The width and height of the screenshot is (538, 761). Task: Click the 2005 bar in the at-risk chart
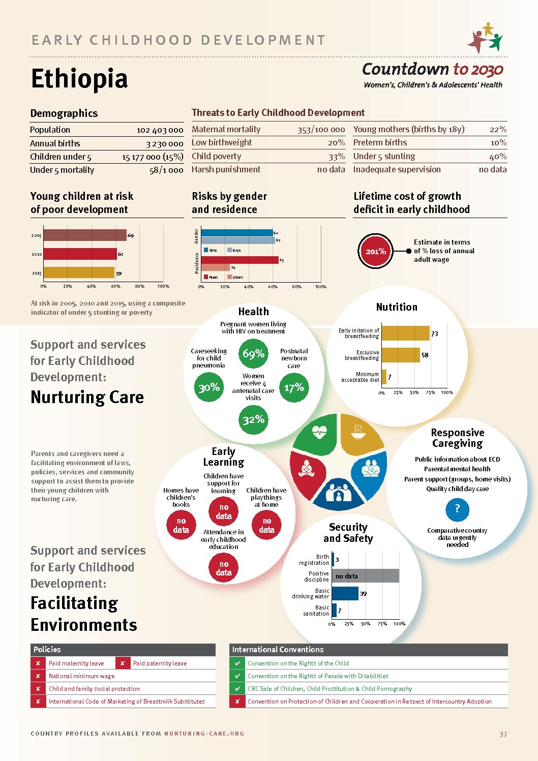pyautogui.click(x=85, y=235)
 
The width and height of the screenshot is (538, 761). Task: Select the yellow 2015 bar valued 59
pyautogui.click(x=79, y=273)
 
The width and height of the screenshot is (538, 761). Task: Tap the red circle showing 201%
pyautogui.click(x=375, y=251)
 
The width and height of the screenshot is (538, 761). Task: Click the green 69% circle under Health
pyautogui.click(x=253, y=354)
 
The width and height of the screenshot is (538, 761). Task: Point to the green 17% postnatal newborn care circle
pyautogui.click(x=294, y=388)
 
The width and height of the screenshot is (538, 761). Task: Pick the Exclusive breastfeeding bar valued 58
pyautogui.click(x=401, y=355)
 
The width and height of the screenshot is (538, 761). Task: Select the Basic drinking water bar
pyautogui.click(x=345, y=593)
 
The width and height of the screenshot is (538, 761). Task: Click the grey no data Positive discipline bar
pyautogui.click(x=366, y=576)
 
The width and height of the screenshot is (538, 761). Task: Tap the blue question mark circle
pyautogui.click(x=457, y=509)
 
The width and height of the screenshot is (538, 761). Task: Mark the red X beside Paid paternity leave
pyautogui.click(x=123, y=663)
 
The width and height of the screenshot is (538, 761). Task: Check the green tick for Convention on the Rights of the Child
pyautogui.click(x=237, y=663)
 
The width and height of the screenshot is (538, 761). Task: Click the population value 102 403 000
pyautogui.click(x=160, y=130)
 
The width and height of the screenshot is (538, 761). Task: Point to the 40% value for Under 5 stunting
pyautogui.click(x=498, y=157)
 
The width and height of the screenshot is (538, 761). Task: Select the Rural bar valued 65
pyautogui.click(x=240, y=260)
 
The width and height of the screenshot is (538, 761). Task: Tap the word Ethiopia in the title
pyautogui.click(x=79, y=79)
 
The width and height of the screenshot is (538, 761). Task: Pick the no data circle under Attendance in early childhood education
pyautogui.click(x=224, y=568)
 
